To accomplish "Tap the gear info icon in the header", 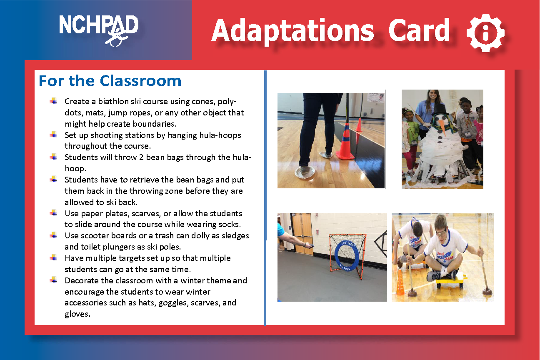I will [x=485, y=33].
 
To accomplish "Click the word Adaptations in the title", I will [x=292, y=30].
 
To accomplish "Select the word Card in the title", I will [x=419, y=30].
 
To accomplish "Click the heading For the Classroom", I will [x=110, y=81].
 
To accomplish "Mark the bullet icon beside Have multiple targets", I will [x=53, y=257].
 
